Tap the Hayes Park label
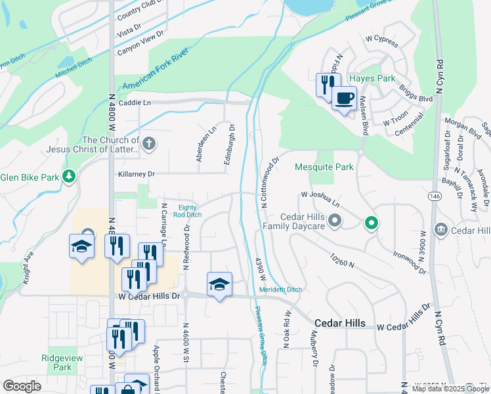(372, 78)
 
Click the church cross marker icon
(149, 144)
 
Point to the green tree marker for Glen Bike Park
(68, 177)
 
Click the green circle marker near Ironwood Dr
(371, 223)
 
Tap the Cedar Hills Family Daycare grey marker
(335, 220)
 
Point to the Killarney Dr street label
(137, 174)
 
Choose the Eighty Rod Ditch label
(184, 211)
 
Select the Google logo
(22, 386)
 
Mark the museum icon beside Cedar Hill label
(440, 230)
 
